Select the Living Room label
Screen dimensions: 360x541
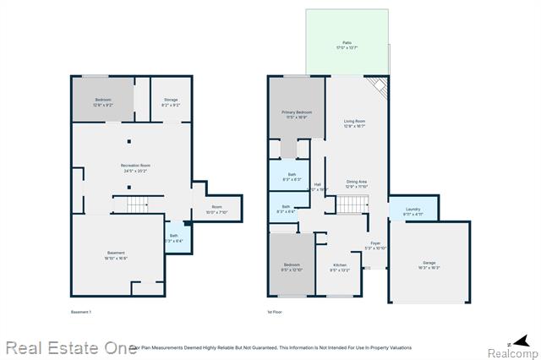(354, 123)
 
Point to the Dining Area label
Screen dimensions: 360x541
(356, 183)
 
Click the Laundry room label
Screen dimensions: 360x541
(413, 210)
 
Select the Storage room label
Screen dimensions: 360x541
(171, 101)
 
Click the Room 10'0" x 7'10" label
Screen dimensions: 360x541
(216, 210)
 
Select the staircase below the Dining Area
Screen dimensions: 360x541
(353, 205)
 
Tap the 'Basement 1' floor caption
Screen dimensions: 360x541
(80, 313)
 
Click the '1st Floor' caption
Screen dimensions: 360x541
(275, 313)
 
